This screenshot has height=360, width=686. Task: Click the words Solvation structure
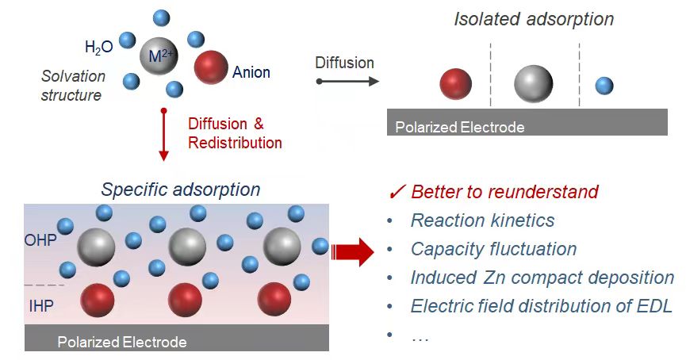tap(73, 86)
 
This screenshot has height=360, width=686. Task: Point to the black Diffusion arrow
tap(347, 81)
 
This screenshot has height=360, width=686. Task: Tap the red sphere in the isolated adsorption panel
tap(455, 85)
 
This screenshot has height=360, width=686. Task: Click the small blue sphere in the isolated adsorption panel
tap(604, 86)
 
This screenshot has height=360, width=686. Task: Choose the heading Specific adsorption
tap(181, 190)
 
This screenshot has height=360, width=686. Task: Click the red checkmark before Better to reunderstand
tap(398, 193)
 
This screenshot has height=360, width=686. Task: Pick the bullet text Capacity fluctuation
tap(493, 249)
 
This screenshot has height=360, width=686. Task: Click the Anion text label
tap(251, 73)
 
